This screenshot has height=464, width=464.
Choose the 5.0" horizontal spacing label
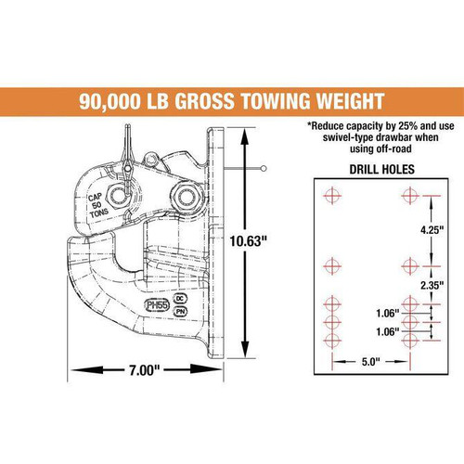[368, 361]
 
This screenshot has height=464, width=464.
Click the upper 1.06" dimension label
[390, 312]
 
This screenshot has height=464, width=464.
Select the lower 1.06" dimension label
[390, 330]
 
